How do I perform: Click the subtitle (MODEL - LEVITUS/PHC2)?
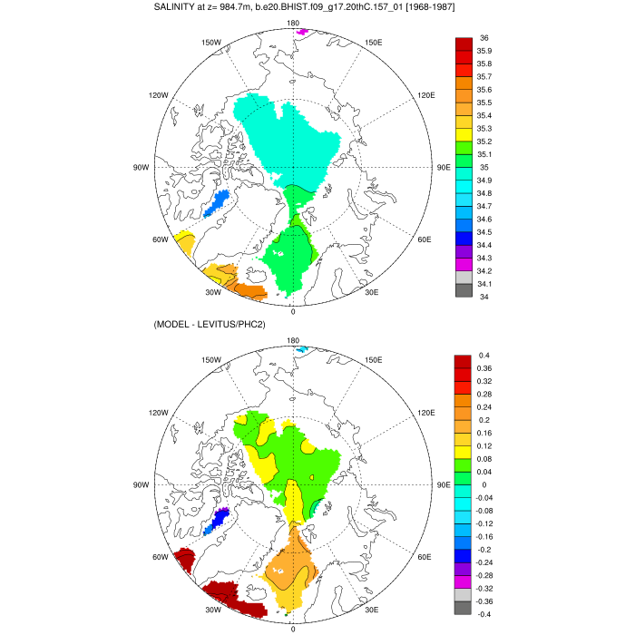[x=210, y=325]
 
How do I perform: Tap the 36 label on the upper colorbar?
[x=484, y=38]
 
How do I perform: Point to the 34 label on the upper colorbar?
[x=484, y=297]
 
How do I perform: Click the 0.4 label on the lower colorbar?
[x=485, y=356]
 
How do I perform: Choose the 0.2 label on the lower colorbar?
[x=485, y=420]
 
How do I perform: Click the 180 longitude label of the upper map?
[x=293, y=23]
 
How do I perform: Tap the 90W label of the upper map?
[x=141, y=167]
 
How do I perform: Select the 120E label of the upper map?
[x=426, y=95]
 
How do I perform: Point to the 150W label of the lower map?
[x=212, y=360]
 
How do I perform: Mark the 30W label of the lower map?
[x=213, y=610]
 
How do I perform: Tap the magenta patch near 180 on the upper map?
[x=301, y=33]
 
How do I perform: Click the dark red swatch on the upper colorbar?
[x=464, y=44]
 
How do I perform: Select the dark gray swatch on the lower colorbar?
[x=464, y=608]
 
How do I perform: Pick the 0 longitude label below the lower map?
[x=293, y=629]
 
